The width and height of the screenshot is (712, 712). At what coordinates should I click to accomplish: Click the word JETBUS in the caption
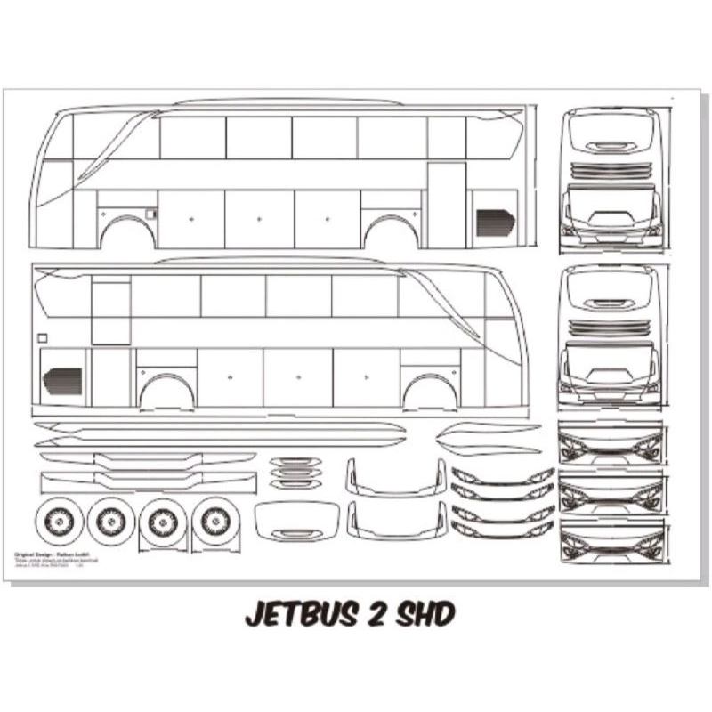tap(300, 614)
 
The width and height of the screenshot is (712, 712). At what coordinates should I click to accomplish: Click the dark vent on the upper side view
tap(495, 222)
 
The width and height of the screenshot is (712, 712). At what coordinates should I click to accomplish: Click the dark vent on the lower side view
tap(61, 381)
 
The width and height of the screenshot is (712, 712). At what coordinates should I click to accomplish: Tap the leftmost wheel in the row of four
tap(60, 522)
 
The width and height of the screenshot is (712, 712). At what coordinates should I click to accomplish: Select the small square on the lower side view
tap(41, 337)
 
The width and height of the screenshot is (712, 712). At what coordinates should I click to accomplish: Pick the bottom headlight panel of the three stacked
tap(611, 542)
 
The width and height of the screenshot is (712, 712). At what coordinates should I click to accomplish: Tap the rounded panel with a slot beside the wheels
tap(297, 520)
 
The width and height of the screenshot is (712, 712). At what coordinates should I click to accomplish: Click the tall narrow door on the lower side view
tap(111, 376)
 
